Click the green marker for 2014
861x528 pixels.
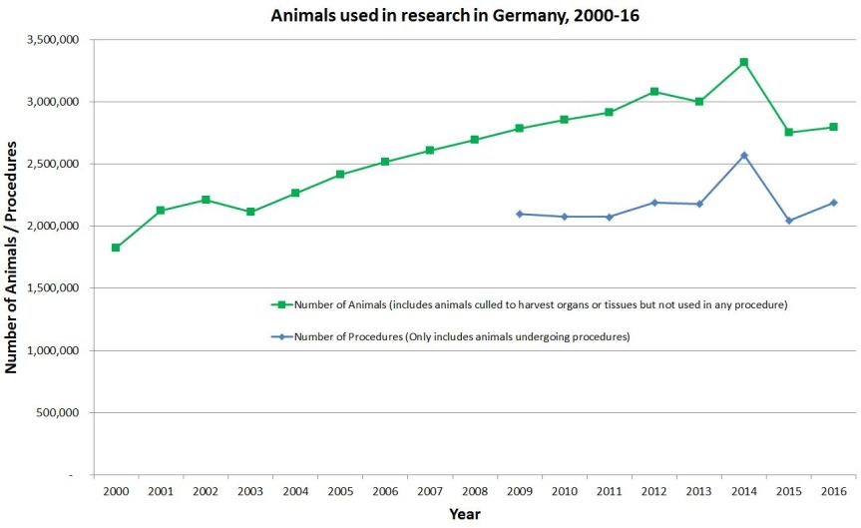744,62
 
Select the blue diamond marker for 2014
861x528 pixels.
744,156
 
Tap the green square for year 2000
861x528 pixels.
116,248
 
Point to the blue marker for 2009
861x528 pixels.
520,214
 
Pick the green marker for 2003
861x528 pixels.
250,212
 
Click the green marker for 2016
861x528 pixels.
834,127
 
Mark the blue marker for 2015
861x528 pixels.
789,221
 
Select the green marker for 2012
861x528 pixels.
654,92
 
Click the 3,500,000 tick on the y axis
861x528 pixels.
56,40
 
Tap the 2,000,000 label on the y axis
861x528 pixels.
56,227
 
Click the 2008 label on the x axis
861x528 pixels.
475,492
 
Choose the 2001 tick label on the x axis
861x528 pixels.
161,492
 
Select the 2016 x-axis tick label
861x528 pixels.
834,492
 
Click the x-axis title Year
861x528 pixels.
464,514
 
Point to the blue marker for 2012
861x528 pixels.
654,203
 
